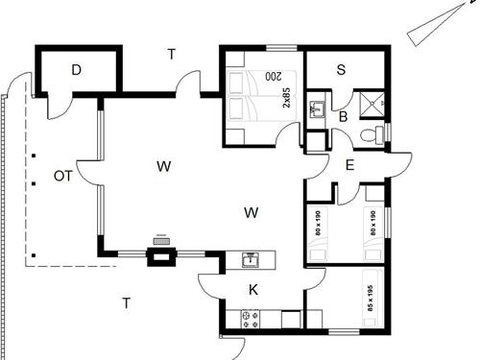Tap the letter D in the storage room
coord(77,70)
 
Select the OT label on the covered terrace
coord(63,176)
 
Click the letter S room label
coord(341,69)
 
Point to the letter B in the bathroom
coord(343,116)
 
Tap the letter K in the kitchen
coord(253,289)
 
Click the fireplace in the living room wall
coord(160,252)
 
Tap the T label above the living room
coord(171,55)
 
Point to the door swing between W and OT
coord(86,174)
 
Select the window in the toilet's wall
coord(391,131)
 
